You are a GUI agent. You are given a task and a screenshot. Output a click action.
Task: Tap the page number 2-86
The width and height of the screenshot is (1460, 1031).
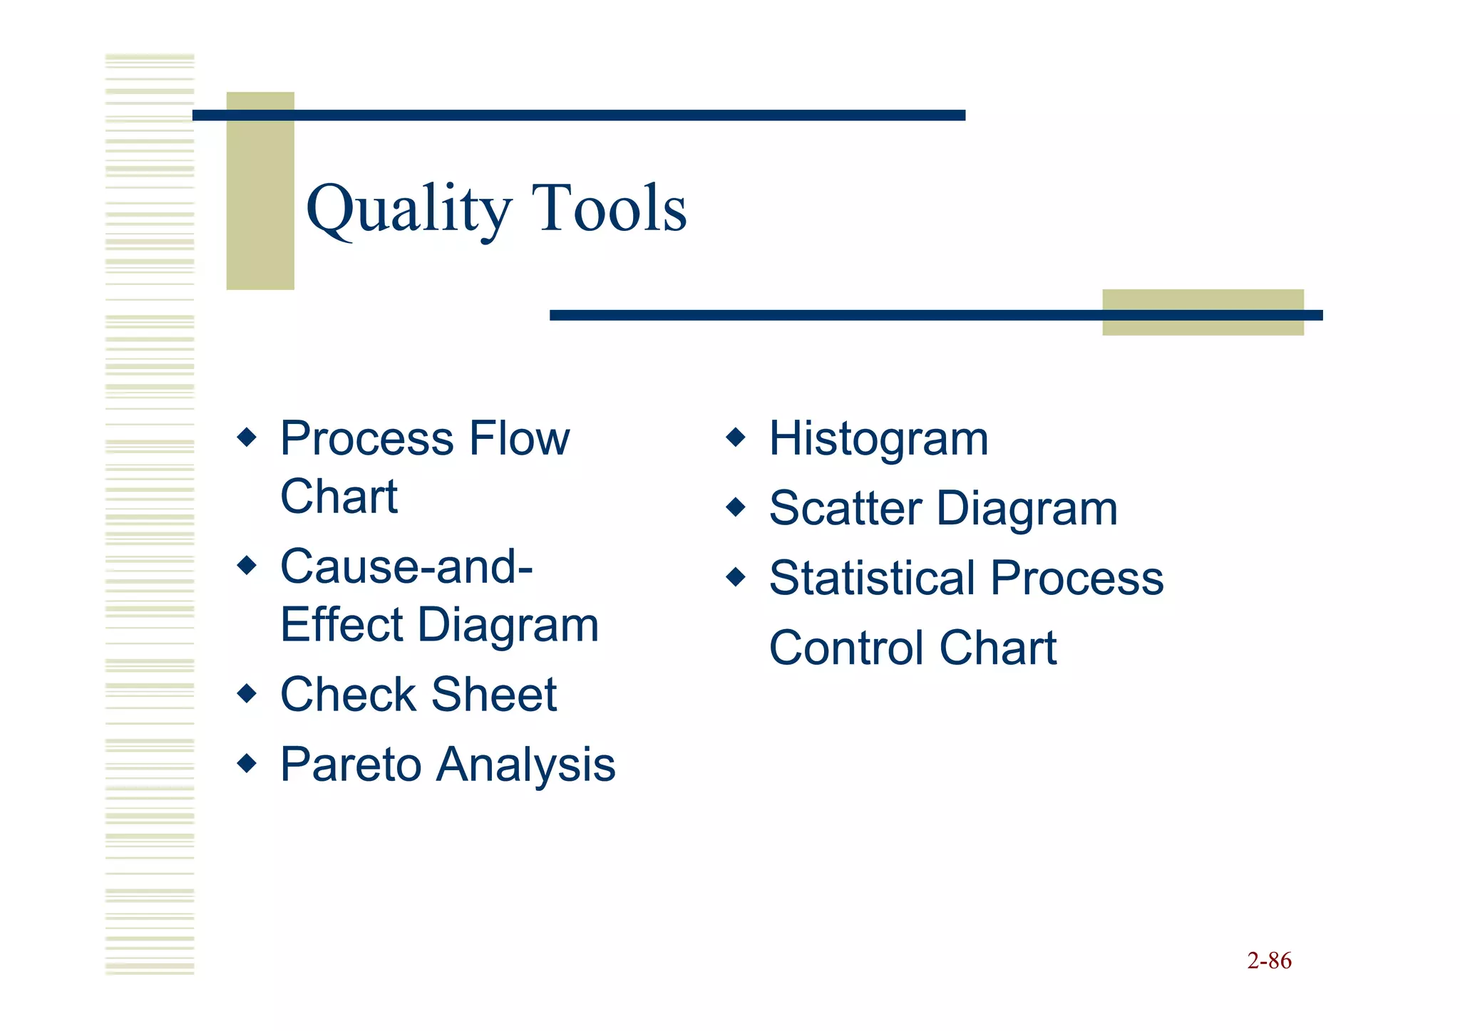[1269, 960]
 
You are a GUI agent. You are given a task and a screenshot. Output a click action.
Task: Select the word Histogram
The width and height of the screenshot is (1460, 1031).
[878, 438]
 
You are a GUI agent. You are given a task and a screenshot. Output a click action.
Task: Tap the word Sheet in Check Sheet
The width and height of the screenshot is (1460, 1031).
[493, 694]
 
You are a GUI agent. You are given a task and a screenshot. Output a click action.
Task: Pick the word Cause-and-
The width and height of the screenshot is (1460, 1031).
[406, 566]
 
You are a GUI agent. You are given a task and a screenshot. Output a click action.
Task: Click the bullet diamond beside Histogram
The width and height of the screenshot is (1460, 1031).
[735, 437]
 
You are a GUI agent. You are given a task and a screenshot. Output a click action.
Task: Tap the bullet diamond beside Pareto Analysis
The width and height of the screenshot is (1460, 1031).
[247, 763]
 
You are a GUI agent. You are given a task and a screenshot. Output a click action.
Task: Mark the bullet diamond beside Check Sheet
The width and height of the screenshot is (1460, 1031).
[247, 693]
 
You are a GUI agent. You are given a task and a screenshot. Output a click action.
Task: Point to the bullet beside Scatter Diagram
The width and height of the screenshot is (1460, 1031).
[735, 507]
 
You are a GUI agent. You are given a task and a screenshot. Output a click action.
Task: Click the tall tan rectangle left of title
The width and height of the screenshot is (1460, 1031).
[259, 191]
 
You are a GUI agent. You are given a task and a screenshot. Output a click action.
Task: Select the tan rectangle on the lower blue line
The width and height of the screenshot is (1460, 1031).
[1203, 312]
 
